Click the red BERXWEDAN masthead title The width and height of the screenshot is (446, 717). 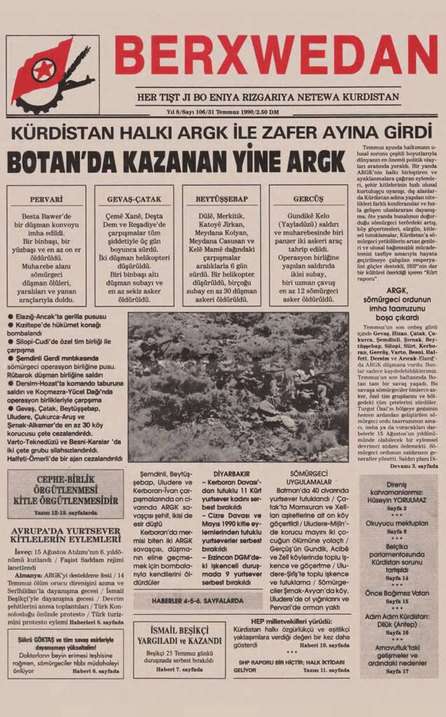point(276,55)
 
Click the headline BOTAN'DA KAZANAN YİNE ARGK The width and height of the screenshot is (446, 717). point(176,162)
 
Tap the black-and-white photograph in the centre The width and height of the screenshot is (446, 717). point(238,387)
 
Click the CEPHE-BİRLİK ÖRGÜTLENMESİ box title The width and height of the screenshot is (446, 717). point(65,493)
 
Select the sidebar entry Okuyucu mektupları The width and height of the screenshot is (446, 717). point(397,522)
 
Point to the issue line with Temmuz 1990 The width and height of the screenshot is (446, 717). point(223,112)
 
